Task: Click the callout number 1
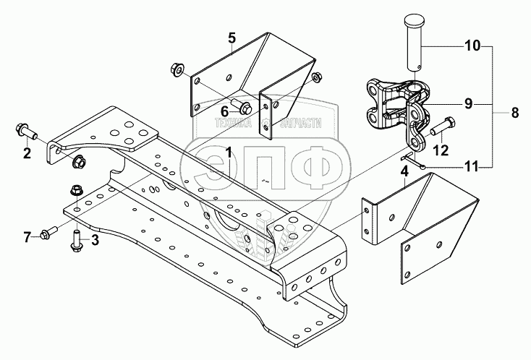pyautogui.click(x=228, y=153)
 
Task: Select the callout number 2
pyautogui.click(x=27, y=153)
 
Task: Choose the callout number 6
pyautogui.click(x=224, y=111)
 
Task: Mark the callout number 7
pyautogui.click(x=27, y=236)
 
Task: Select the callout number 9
pyautogui.click(x=468, y=103)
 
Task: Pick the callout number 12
pyautogui.click(x=441, y=150)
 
